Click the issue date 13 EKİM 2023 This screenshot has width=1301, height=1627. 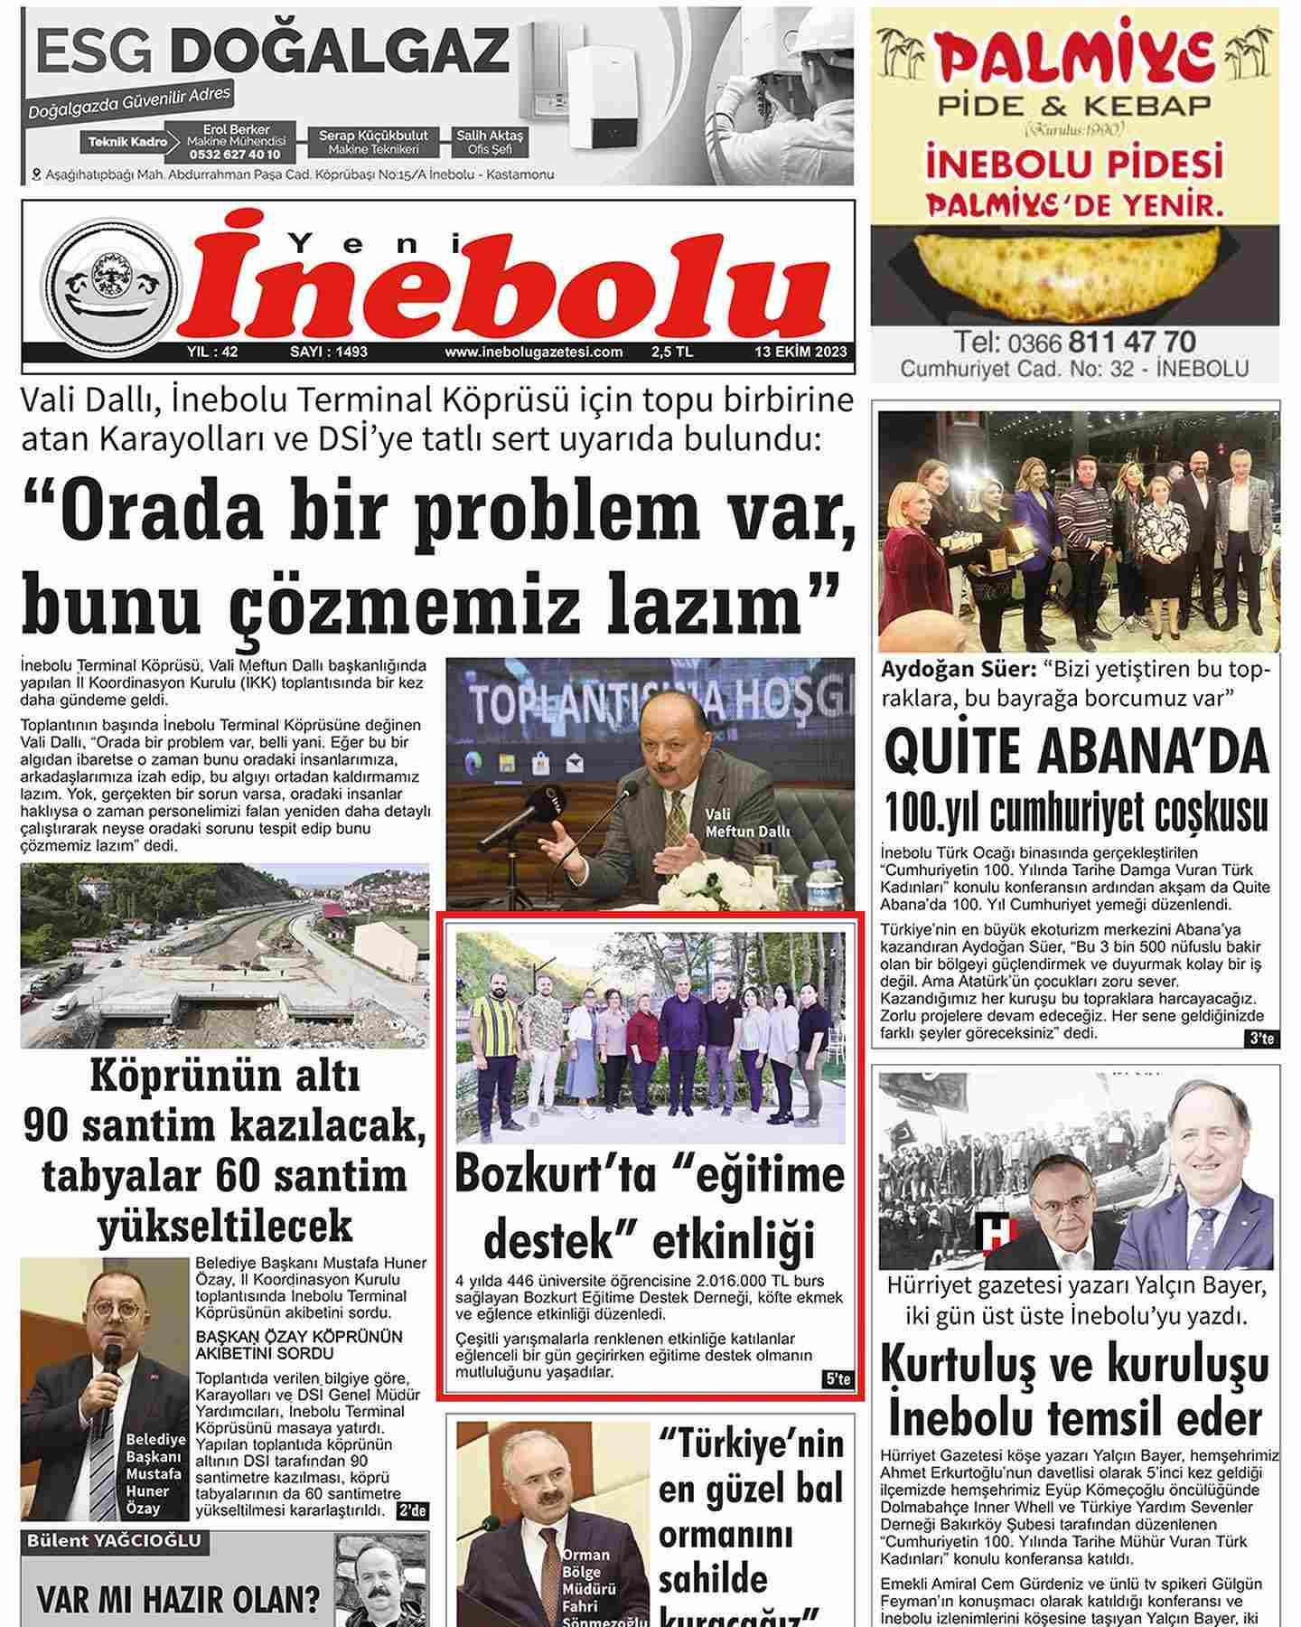click(x=801, y=353)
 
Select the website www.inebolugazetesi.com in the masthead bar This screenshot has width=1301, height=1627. click(x=533, y=353)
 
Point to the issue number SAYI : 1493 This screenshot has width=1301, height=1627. click(x=328, y=353)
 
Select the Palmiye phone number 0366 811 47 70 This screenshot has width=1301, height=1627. click(x=1074, y=342)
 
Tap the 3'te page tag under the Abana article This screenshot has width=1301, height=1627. click(x=1260, y=1040)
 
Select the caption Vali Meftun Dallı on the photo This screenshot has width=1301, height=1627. click(x=747, y=823)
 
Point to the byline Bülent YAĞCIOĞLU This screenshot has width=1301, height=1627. click(x=113, y=1540)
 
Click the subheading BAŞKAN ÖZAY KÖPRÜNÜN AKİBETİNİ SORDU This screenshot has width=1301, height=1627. click(x=298, y=1345)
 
